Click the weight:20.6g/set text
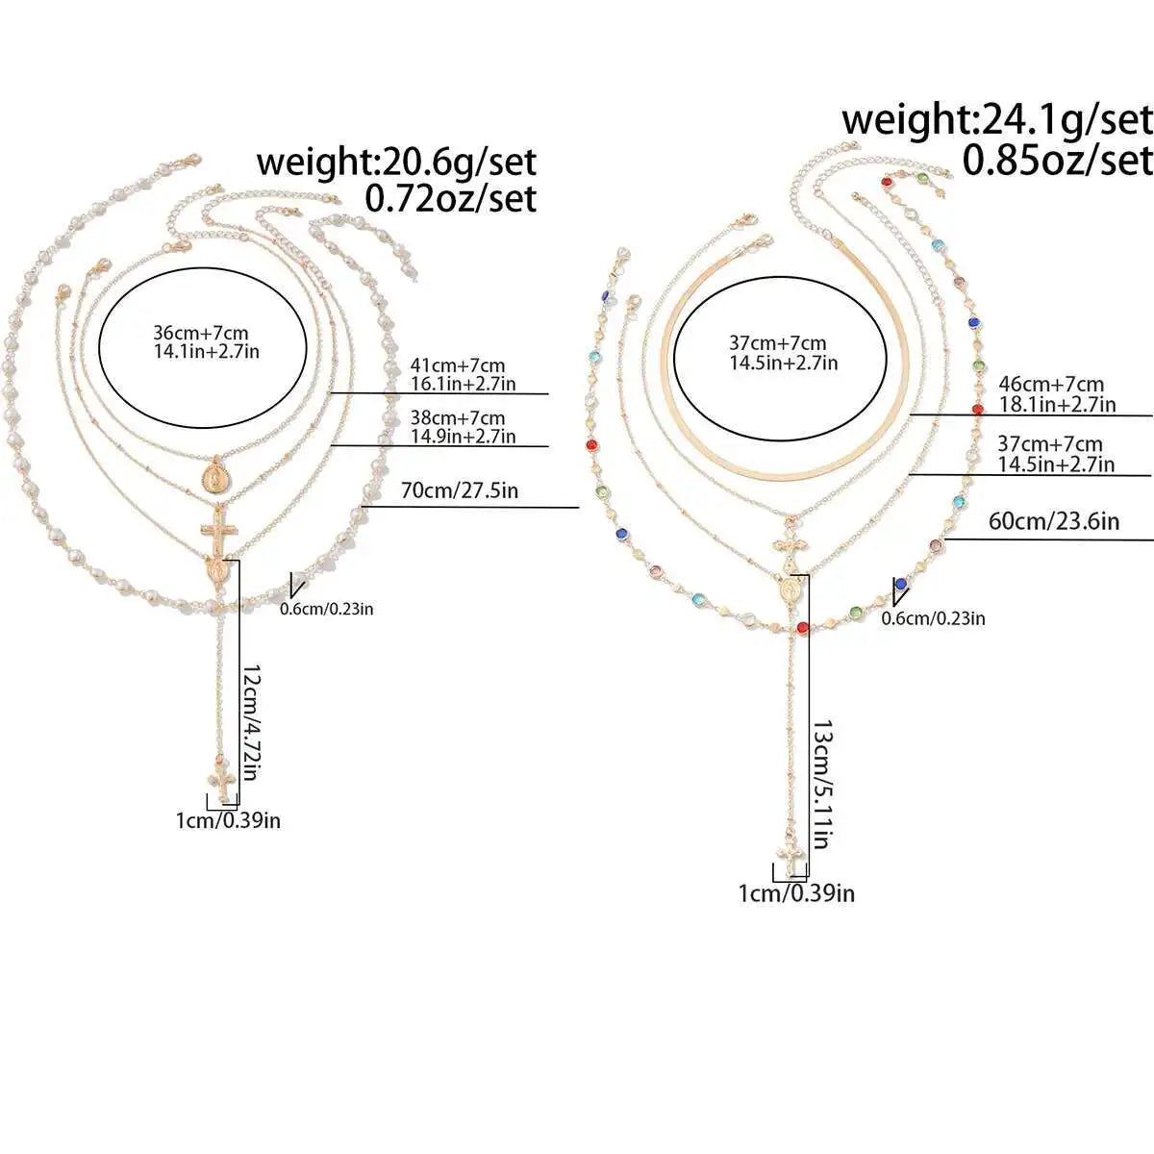(396, 163)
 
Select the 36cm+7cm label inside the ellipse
(201, 333)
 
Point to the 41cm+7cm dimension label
(458, 364)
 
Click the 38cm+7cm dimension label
(458, 416)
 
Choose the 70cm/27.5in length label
(460, 491)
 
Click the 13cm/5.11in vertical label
(821, 784)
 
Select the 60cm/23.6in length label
(1053, 521)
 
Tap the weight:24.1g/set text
(997, 120)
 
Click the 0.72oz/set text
(451, 199)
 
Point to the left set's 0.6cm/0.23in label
(327, 609)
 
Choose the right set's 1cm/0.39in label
(796, 894)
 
